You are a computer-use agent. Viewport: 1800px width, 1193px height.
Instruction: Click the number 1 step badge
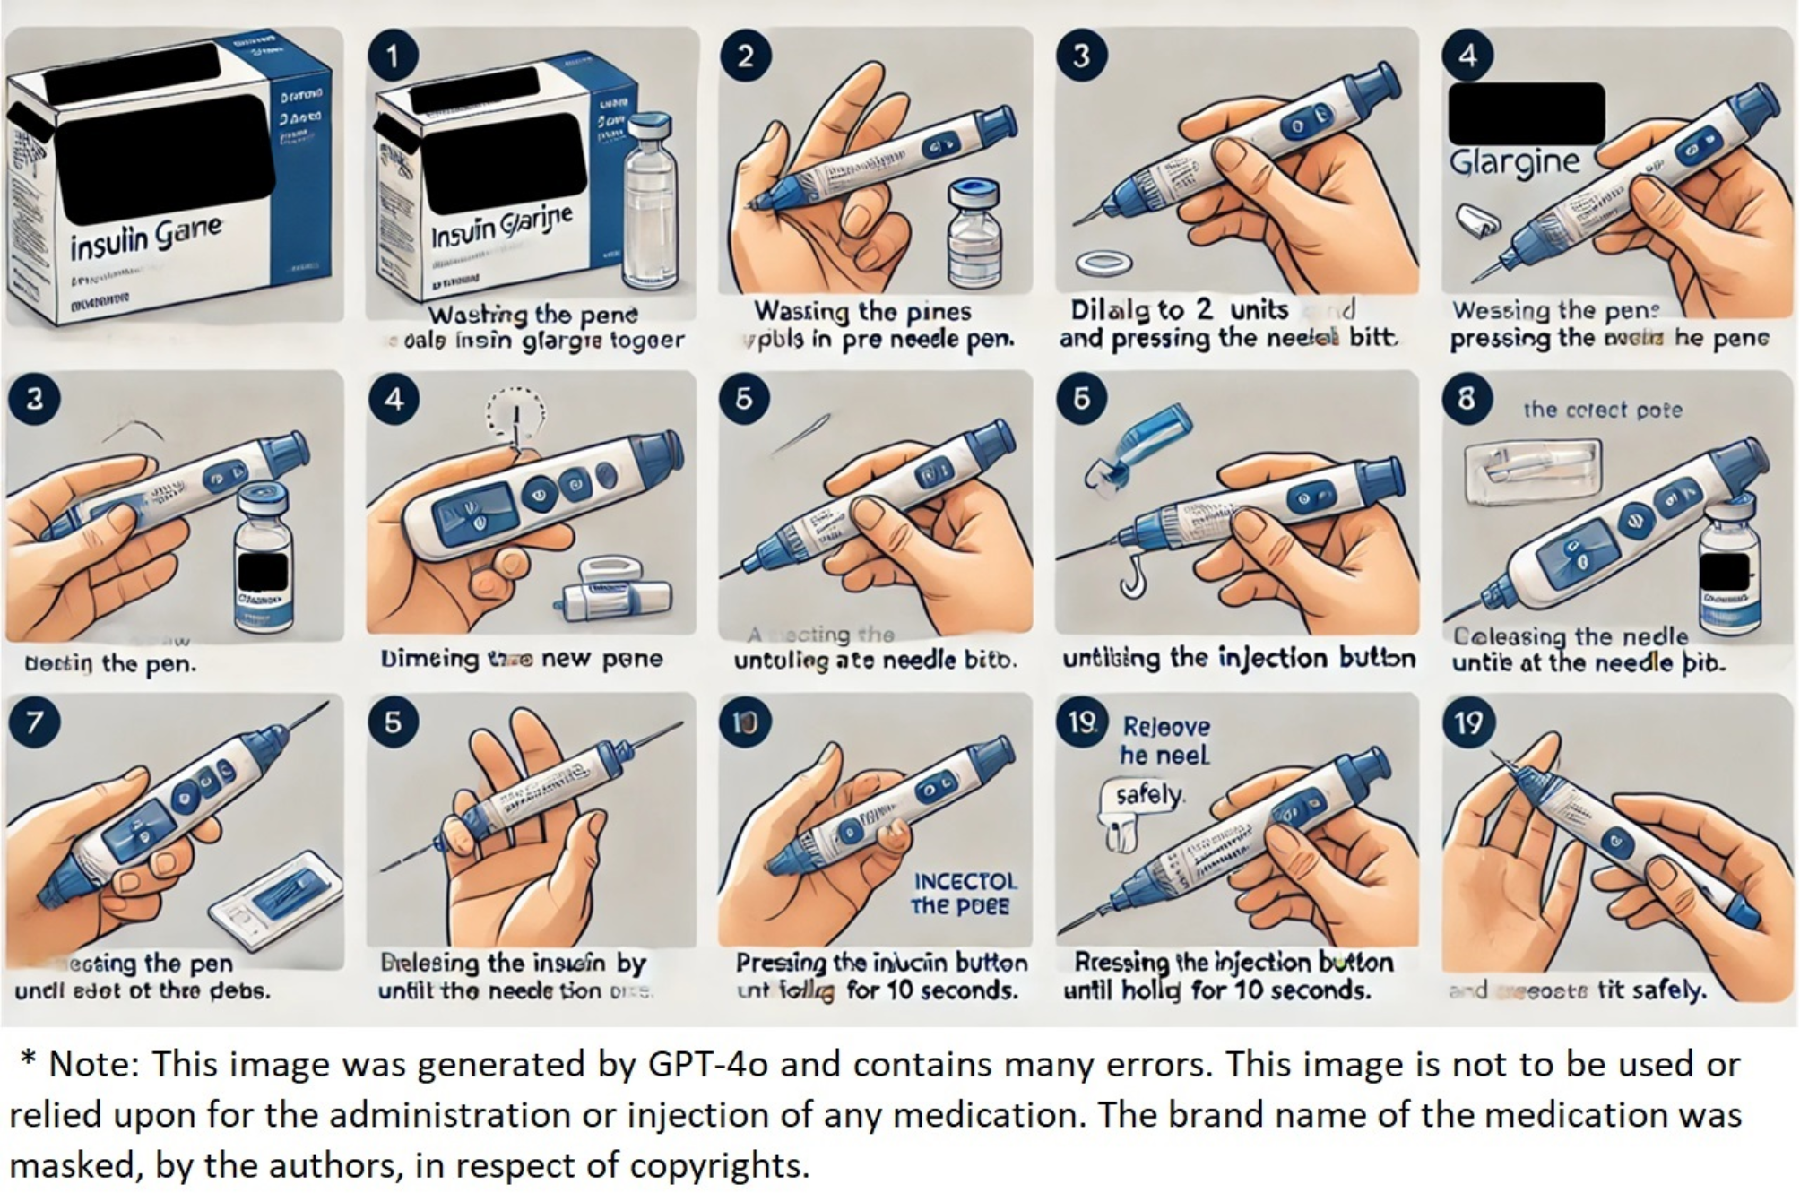393,56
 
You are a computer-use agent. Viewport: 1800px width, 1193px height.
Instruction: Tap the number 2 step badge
745,56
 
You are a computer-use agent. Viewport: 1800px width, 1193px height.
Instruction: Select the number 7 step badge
34,722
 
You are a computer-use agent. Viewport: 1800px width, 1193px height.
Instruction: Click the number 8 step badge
1467,397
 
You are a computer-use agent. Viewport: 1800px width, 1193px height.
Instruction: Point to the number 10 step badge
745,722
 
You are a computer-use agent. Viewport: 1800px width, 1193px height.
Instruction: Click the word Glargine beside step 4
1514,162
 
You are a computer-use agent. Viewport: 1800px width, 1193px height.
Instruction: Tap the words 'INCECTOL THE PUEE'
964,894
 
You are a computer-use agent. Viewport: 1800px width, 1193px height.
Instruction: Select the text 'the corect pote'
1603,410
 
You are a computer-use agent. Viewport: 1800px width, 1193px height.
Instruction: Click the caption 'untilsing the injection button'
1239,658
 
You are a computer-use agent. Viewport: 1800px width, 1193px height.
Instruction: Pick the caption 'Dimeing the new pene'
521,659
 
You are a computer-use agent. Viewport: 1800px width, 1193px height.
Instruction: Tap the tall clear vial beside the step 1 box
650,202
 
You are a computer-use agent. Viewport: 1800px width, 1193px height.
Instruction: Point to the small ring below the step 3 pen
1103,264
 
